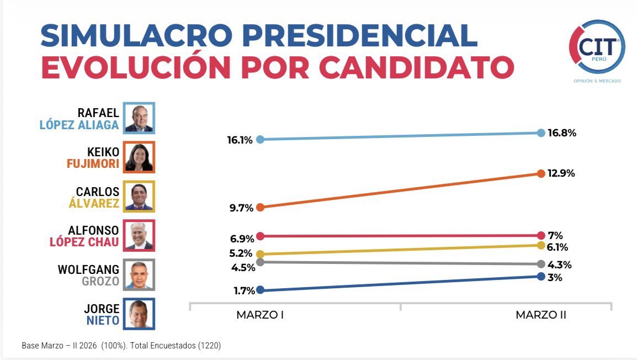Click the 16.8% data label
561,133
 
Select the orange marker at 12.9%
541,173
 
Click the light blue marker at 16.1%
261,140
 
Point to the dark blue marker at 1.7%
261,290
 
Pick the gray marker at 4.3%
541,264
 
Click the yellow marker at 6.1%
541,246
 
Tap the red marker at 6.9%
261,236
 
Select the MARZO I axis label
260,315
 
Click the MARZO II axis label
541,315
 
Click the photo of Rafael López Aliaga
139,118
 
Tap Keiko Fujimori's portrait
139,157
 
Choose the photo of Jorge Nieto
139,314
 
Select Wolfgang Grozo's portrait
139,274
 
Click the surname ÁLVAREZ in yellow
94,203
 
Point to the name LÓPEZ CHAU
84,242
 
